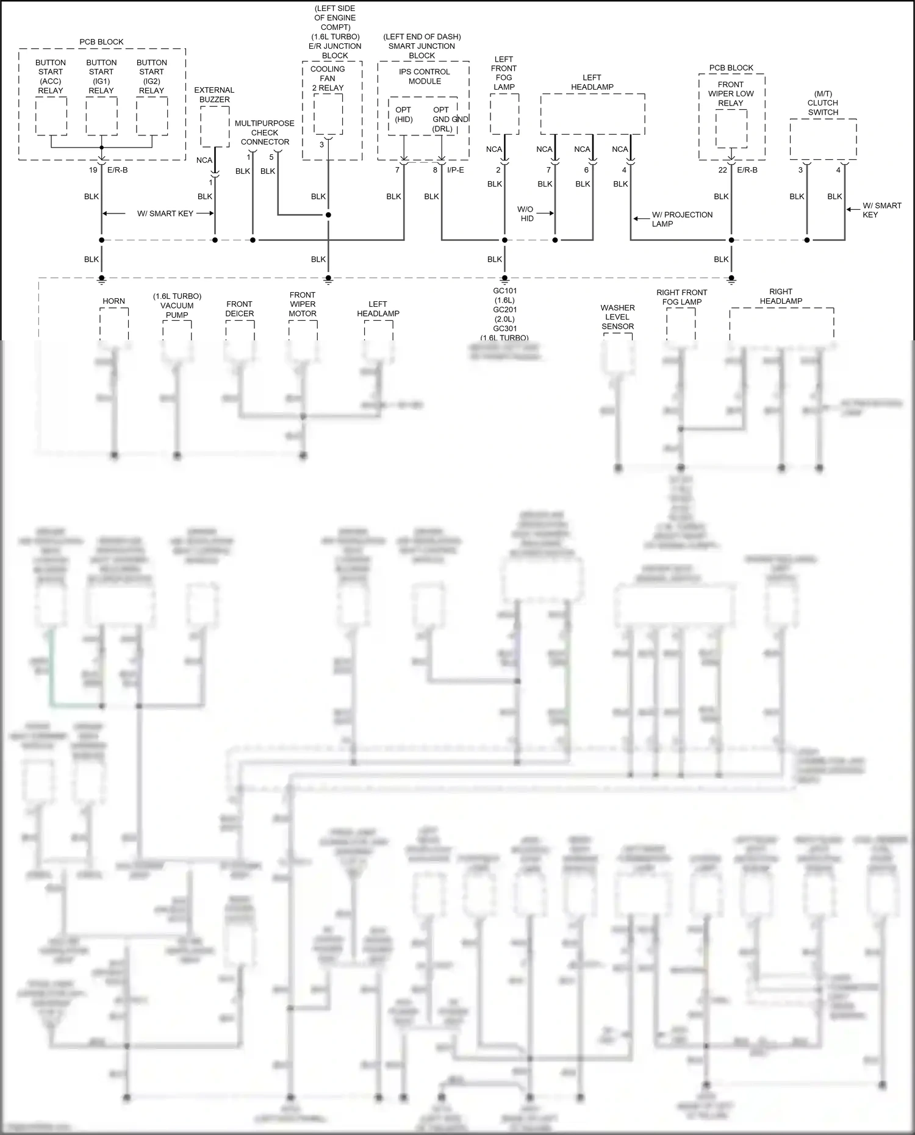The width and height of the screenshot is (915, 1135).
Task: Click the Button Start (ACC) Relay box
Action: (51, 116)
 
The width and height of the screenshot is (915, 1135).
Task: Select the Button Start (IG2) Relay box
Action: (152, 116)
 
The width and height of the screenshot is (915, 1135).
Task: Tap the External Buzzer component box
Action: (215, 126)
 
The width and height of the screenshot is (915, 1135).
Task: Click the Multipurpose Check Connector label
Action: (265, 132)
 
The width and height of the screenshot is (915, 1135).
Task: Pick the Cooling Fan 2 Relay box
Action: (328, 114)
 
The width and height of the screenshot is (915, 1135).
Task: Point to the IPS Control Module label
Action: (425, 76)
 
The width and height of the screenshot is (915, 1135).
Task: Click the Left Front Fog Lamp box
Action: (504, 114)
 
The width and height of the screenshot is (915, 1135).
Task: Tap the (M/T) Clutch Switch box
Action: (823, 139)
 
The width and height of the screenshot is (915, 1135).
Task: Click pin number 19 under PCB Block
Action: (93, 170)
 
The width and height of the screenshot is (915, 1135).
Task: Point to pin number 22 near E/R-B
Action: (722, 170)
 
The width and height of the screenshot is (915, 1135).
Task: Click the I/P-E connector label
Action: (455, 170)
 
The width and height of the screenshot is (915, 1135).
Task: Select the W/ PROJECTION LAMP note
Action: (682, 219)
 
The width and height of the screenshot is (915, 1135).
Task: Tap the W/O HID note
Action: (526, 213)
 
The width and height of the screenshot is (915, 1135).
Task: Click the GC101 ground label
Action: (504, 291)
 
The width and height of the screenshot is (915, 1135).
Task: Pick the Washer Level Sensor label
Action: (617, 317)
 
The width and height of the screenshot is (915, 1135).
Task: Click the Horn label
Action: (113, 301)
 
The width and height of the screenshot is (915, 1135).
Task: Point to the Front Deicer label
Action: (239, 309)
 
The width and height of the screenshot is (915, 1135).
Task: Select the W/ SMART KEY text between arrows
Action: (165, 213)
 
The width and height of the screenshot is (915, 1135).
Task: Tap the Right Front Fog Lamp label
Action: (681, 297)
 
